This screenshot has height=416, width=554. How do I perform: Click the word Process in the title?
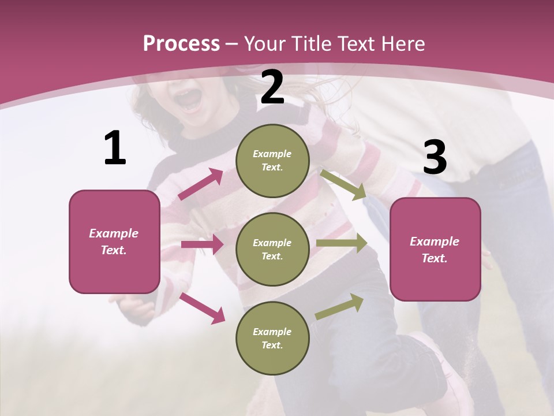click(x=181, y=43)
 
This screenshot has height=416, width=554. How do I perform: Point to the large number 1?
click(x=115, y=148)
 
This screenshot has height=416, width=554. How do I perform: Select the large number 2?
click(x=272, y=87)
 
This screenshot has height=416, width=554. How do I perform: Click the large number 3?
click(x=435, y=158)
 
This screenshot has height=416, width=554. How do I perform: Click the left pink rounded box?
click(x=114, y=242)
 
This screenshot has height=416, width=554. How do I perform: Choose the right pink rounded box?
click(x=435, y=250)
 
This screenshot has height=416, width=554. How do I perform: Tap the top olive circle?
click(x=272, y=161)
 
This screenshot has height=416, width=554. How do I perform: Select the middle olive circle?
click(x=272, y=250)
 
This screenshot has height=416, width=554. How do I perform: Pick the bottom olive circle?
click(x=272, y=339)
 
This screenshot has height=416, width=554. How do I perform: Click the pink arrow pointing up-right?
click(x=201, y=184)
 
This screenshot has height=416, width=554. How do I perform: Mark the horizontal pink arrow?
click(x=202, y=244)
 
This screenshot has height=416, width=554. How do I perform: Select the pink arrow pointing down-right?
click(x=202, y=307)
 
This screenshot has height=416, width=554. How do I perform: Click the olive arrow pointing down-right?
click(x=343, y=184)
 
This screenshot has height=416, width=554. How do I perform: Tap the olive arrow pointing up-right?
click(x=339, y=306)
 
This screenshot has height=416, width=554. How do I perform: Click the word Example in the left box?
click(x=114, y=233)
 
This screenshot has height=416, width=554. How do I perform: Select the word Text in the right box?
click(x=434, y=258)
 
